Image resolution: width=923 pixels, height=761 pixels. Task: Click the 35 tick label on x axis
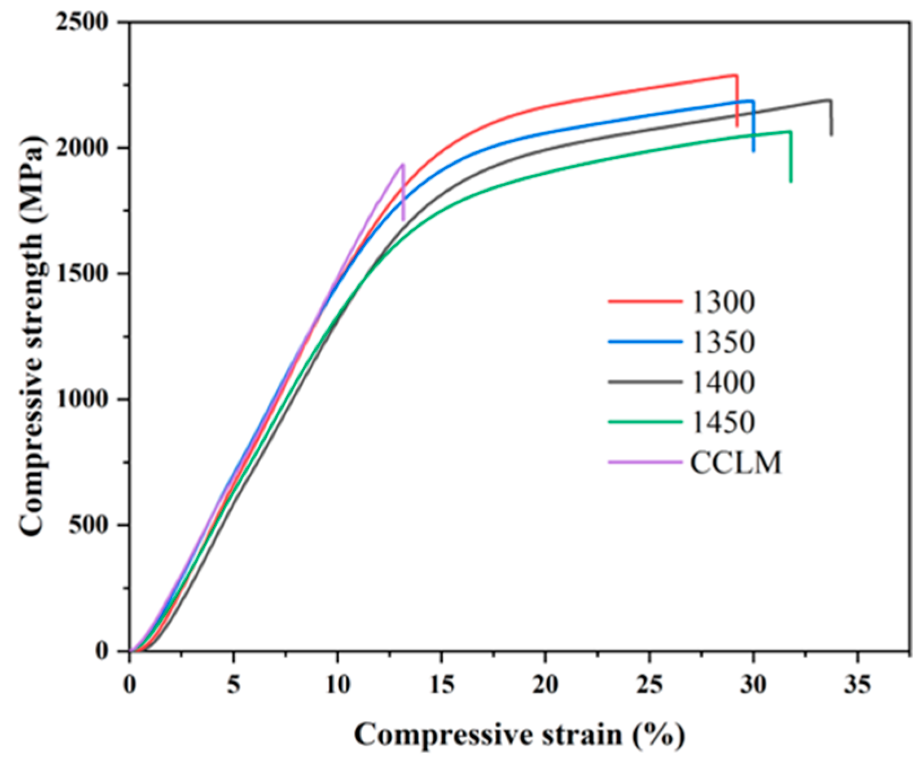pos(857,685)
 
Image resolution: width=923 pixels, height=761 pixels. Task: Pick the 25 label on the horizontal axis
pos(649,685)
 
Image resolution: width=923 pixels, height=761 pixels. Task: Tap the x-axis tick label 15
pos(442,685)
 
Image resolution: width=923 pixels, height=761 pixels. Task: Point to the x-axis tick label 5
pos(234,685)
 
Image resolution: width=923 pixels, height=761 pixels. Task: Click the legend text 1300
pos(723,302)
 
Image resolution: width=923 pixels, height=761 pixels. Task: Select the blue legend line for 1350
pos(645,342)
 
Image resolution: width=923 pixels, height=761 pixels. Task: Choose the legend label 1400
pos(723,382)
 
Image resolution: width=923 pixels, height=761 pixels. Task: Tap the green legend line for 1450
pos(645,422)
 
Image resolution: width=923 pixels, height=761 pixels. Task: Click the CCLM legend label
pos(736,463)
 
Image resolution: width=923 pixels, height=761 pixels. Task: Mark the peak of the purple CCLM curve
pos(402,164)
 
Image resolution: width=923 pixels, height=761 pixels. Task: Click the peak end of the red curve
pos(736,75)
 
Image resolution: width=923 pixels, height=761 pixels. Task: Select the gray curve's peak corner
pos(830,100)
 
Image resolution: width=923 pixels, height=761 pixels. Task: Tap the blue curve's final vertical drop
pos(753,127)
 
